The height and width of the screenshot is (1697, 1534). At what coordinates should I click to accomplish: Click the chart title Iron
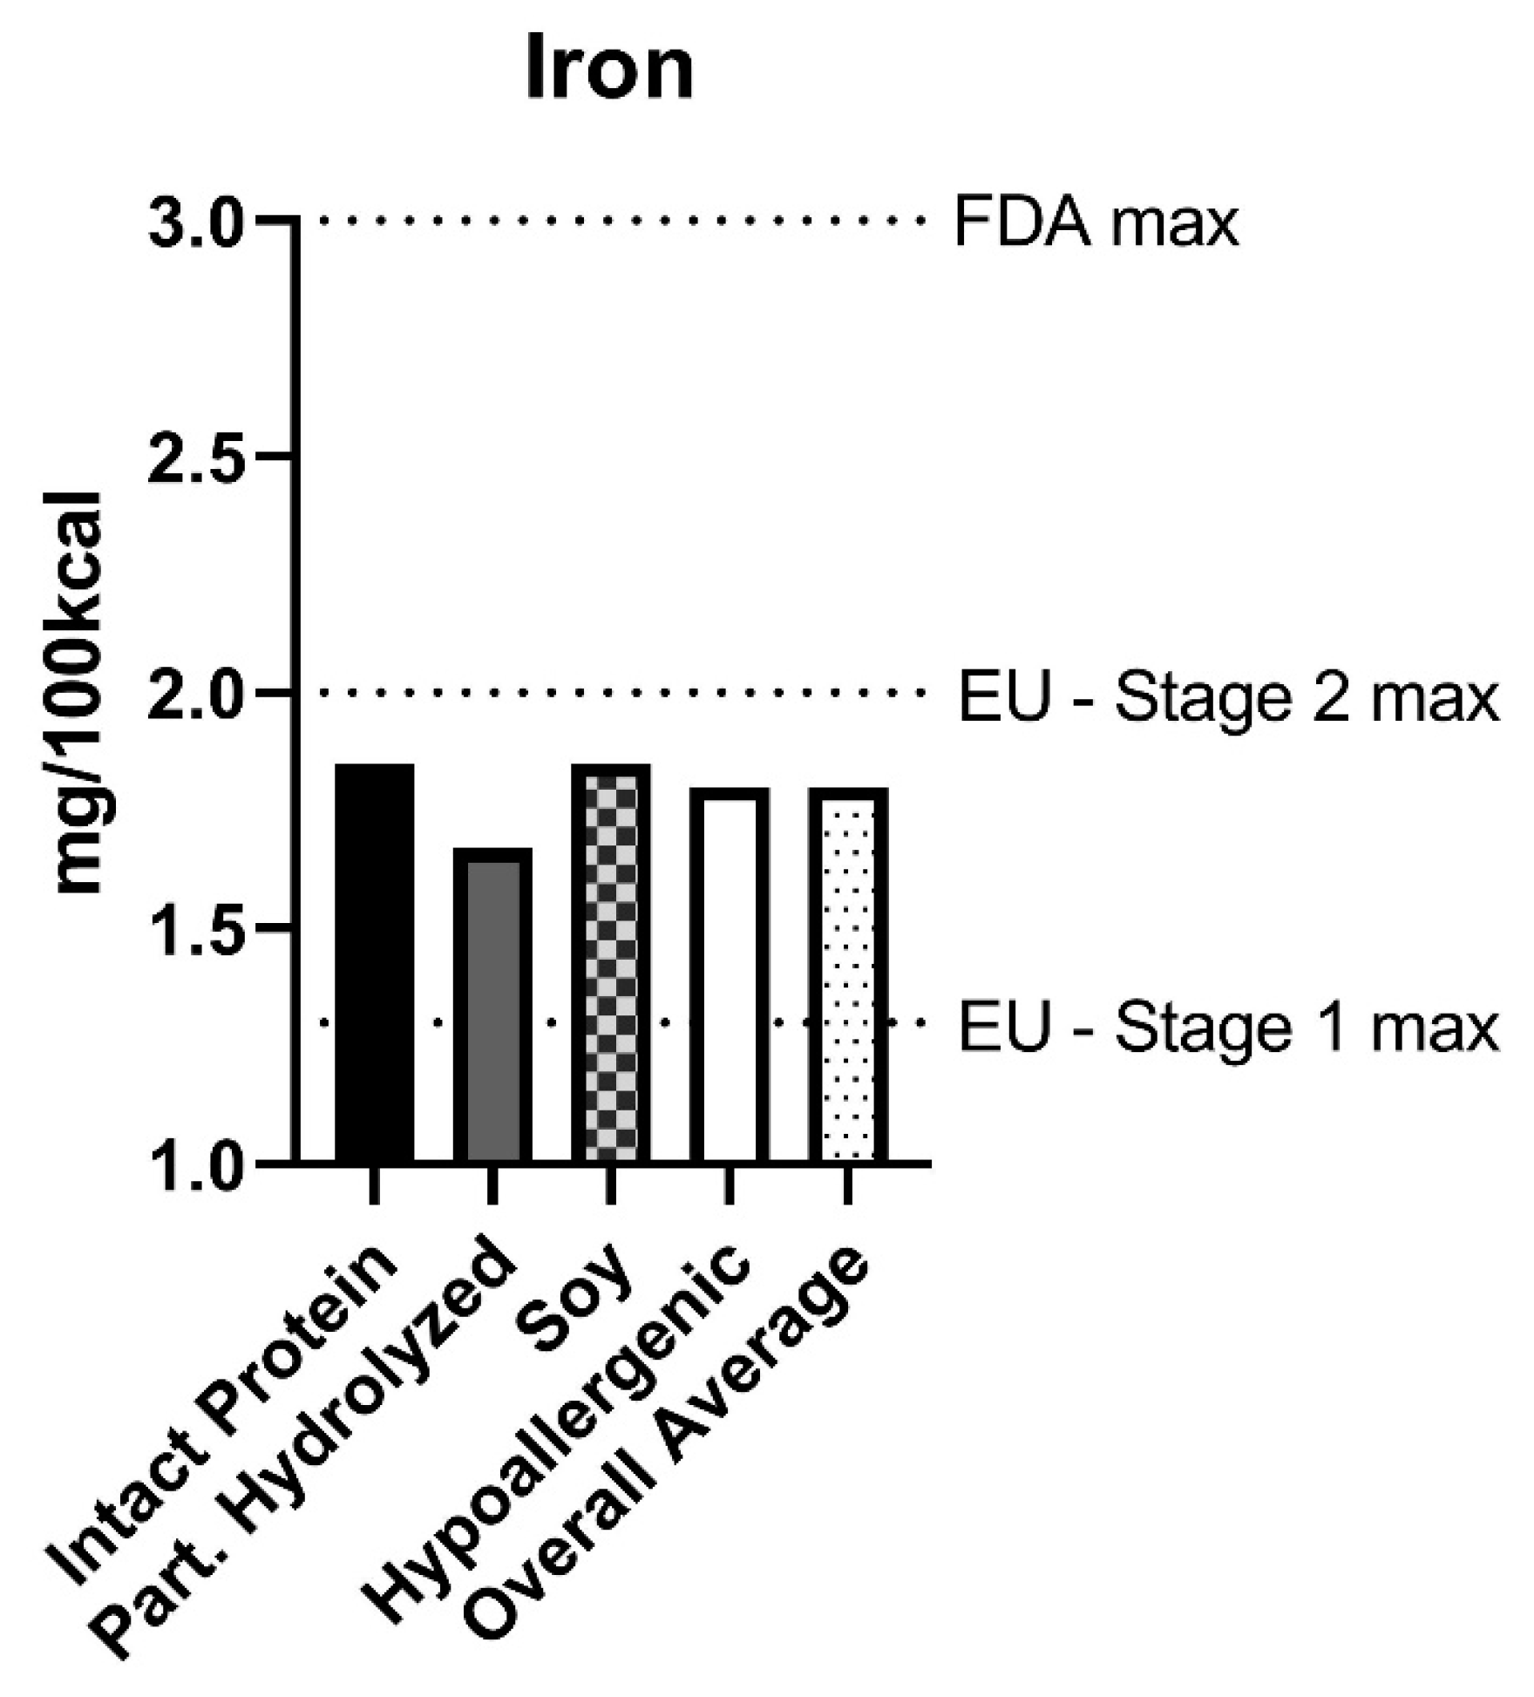tap(609, 70)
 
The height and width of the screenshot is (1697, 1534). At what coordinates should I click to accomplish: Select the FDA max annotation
tap(1096, 223)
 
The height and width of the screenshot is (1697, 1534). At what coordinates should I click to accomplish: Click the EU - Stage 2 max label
tap(1229, 699)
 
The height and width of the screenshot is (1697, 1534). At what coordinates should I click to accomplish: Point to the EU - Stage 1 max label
tap(1229, 1029)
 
